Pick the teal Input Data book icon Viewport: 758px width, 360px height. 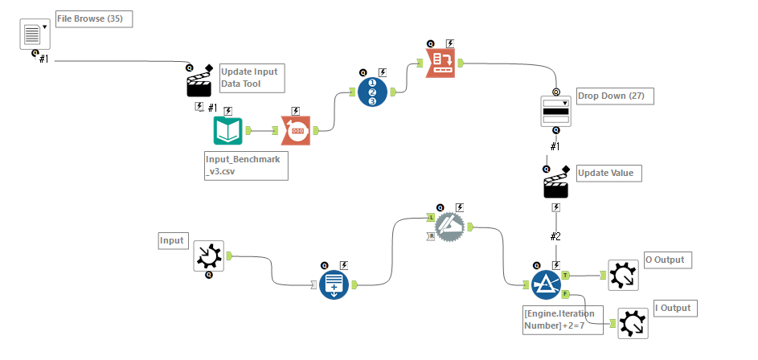pyautogui.click(x=228, y=130)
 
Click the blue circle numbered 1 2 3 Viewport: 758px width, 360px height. pyautogui.click(x=373, y=92)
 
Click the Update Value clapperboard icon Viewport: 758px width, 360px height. pyautogui.click(x=556, y=186)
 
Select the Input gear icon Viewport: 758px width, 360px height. pyautogui.click(x=209, y=256)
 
